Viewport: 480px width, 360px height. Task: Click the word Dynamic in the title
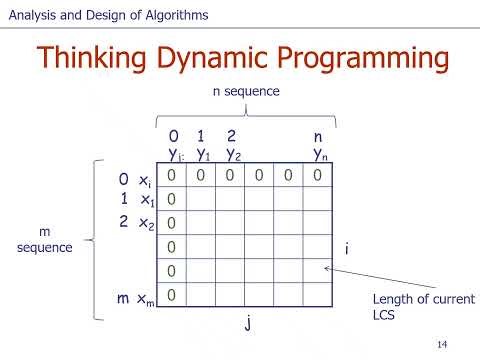pos(214,59)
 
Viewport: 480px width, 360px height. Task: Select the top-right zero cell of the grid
pos(317,175)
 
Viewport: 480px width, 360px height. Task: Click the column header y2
pos(233,155)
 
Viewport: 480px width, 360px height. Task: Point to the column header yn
pos(320,155)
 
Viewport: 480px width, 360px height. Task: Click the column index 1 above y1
pos(202,136)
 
